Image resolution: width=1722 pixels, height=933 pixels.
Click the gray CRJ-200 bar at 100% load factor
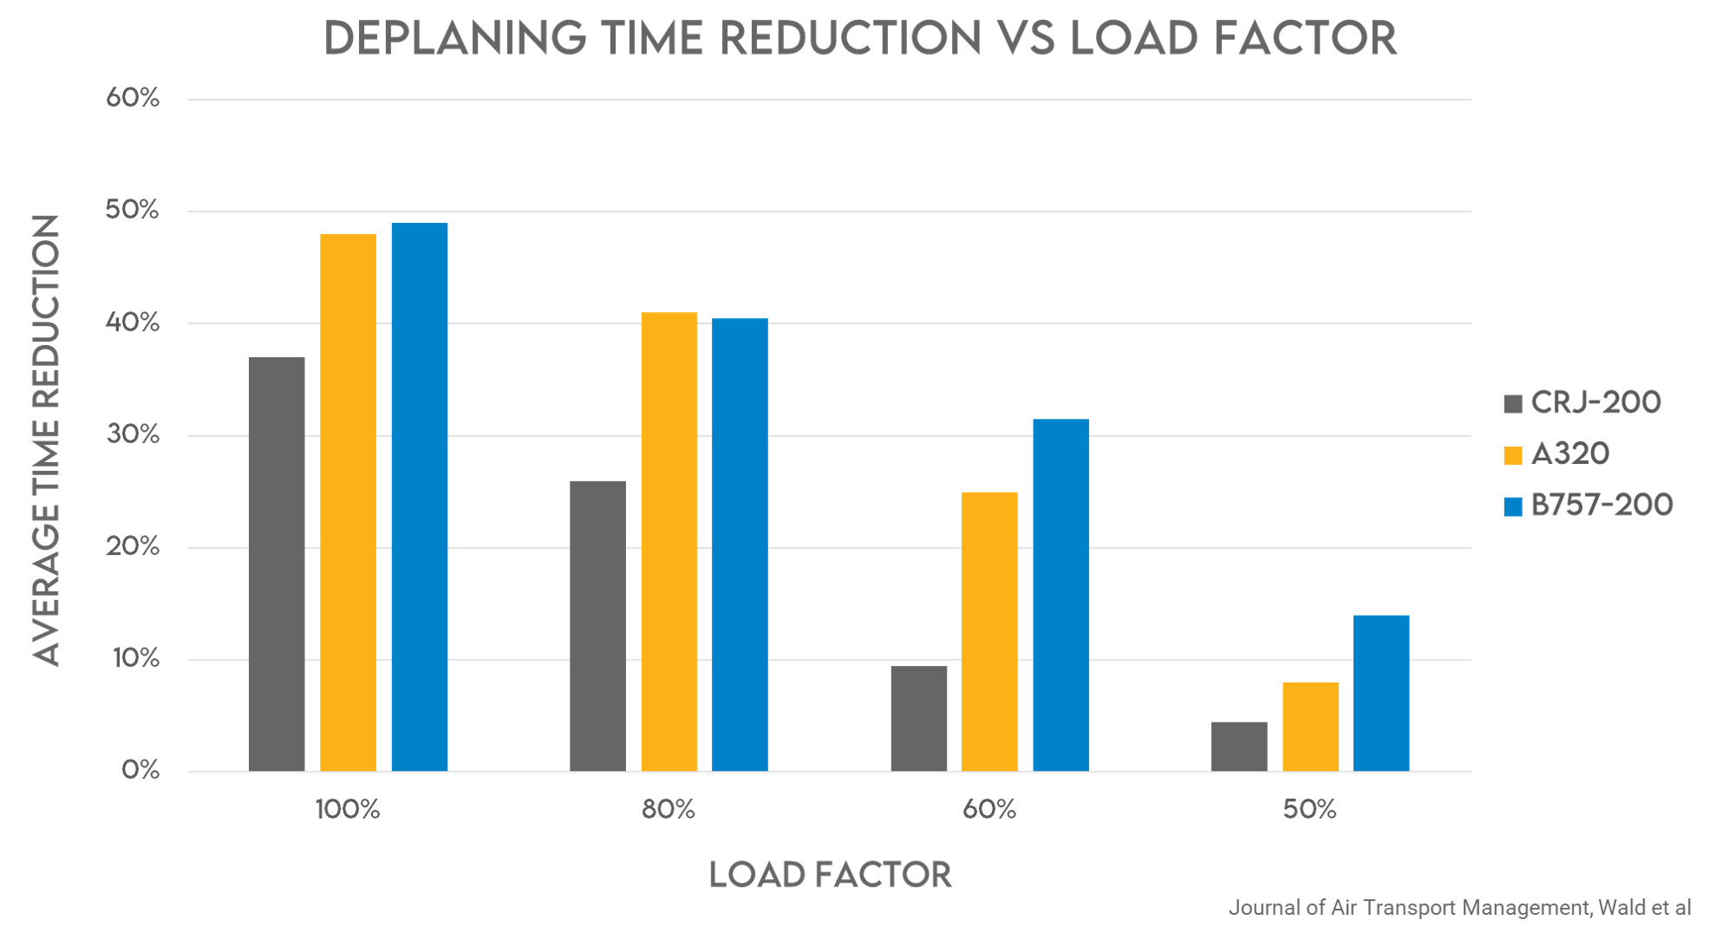(x=277, y=564)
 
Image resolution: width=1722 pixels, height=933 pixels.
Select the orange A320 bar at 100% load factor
(x=348, y=503)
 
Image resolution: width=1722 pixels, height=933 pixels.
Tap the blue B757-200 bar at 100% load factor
(x=420, y=497)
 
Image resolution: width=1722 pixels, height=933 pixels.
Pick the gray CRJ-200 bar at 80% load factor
(x=597, y=626)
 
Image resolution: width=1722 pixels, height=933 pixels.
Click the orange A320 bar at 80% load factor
(x=669, y=542)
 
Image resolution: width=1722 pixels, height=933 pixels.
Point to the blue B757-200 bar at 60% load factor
(x=1060, y=595)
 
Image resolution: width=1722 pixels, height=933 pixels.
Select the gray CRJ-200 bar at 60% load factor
(x=918, y=718)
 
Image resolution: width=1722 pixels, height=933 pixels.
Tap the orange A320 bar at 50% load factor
(x=1310, y=727)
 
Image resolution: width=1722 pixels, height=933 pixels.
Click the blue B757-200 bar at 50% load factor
(x=1381, y=693)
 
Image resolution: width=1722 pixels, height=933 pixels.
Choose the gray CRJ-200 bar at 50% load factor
(x=1239, y=747)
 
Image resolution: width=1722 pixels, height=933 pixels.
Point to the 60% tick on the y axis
(x=133, y=98)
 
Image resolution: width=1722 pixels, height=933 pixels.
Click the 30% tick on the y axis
(x=133, y=434)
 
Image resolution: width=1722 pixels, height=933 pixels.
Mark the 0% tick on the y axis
(x=140, y=770)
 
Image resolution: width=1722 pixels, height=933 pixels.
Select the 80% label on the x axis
(x=669, y=810)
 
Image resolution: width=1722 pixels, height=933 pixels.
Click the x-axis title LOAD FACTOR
(x=830, y=875)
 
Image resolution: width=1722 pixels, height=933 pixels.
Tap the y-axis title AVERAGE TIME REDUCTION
(x=46, y=440)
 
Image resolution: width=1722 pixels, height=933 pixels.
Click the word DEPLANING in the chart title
(x=455, y=39)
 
